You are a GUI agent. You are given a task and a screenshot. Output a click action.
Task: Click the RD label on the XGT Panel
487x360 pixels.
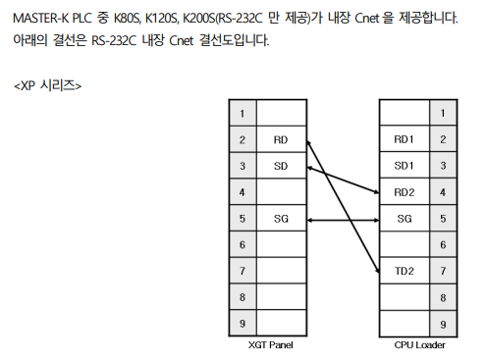pos(281,140)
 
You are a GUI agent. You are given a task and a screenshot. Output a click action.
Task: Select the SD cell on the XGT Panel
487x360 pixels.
pos(281,166)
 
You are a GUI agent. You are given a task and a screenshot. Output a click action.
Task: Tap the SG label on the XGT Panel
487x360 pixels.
pos(281,218)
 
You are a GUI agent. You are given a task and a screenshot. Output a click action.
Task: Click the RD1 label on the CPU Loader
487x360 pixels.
pos(404,140)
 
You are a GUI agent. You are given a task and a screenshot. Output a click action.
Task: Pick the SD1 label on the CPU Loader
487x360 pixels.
pos(404,166)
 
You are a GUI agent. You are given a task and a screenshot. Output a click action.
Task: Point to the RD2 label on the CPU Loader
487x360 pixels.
pos(404,192)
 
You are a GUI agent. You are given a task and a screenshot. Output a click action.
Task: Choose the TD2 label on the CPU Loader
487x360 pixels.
pos(404,270)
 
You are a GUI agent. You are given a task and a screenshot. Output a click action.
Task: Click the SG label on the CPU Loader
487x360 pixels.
pos(404,218)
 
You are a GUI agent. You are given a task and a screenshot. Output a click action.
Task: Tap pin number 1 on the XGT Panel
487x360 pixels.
pos(242,114)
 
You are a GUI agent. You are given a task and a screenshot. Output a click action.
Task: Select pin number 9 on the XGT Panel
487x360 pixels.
pos(242,322)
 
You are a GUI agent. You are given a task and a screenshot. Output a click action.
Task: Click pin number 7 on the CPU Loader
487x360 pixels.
pos(443,270)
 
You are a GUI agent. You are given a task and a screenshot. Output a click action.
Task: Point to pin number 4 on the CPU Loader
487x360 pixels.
pos(443,192)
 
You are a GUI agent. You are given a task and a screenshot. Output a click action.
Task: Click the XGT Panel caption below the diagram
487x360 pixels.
pos(271,345)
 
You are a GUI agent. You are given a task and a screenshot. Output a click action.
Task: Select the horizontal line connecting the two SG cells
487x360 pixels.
pos(343,218)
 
